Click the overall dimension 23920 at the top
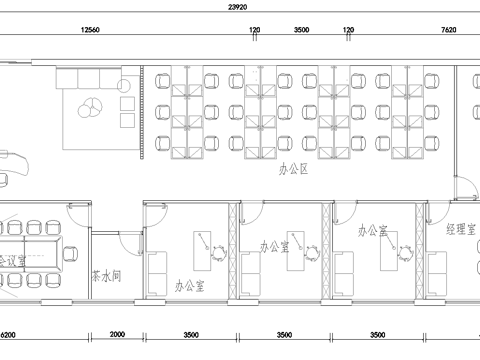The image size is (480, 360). tap(239, 5)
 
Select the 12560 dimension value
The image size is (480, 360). tap(92, 32)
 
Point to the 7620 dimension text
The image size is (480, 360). tap(451, 32)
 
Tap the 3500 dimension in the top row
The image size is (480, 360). tap(301, 32)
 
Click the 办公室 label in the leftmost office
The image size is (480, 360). tap(188, 286)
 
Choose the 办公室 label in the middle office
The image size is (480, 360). tap(275, 243)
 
